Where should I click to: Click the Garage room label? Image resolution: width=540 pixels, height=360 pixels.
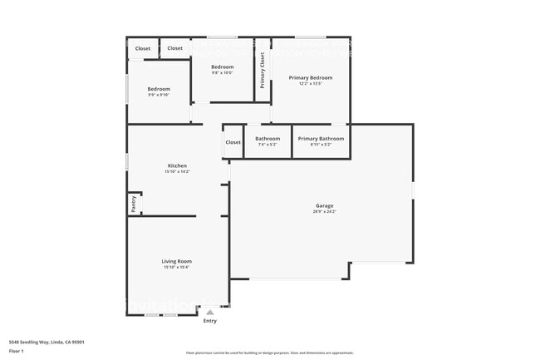pyautogui.click(x=324, y=205)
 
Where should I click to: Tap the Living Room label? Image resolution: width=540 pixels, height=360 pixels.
pyautogui.click(x=177, y=261)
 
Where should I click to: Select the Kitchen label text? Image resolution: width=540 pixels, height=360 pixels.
pyautogui.click(x=177, y=165)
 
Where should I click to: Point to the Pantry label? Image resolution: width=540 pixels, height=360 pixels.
pyautogui.click(x=133, y=203)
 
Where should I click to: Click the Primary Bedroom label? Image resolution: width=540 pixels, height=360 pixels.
pyautogui.click(x=305, y=77)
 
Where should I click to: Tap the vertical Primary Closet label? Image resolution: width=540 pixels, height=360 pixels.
pyautogui.click(x=263, y=71)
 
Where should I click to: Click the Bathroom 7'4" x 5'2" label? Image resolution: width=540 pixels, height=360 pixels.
pyautogui.click(x=268, y=138)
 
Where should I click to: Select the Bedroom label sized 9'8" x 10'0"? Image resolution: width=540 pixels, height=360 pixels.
pyautogui.click(x=222, y=67)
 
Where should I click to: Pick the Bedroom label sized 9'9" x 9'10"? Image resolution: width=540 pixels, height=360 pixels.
pyautogui.click(x=159, y=89)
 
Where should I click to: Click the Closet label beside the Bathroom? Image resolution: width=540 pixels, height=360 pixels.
pyautogui.click(x=233, y=142)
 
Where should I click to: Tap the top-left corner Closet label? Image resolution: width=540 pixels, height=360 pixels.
pyautogui.click(x=143, y=48)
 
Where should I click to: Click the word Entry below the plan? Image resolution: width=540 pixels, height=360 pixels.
pyautogui.click(x=210, y=321)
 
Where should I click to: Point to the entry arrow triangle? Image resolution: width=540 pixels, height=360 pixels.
pyautogui.click(x=209, y=312)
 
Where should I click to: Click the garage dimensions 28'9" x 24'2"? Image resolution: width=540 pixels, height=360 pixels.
pyautogui.click(x=324, y=211)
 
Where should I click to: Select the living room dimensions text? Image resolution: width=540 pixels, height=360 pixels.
pyautogui.click(x=177, y=267)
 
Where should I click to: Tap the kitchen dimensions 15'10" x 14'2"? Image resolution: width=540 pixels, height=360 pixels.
pyautogui.click(x=177, y=171)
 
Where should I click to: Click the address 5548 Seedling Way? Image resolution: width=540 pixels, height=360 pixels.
pyautogui.click(x=47, y=342)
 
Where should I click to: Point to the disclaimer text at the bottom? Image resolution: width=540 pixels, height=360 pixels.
pyautogui.click(x=270, y=353)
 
